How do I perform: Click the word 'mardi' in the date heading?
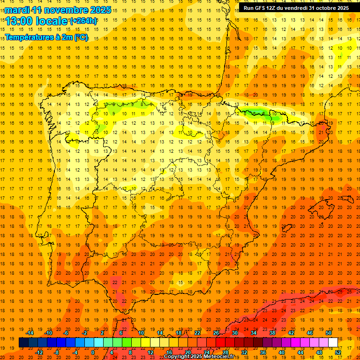(x=17, y=10)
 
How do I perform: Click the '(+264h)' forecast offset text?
(x=83, y=21)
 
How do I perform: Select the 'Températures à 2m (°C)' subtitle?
(x=46, y=37)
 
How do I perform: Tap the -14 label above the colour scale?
(x=30, y=333)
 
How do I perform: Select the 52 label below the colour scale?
(x=338, y=352)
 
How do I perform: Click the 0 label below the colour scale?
(x=93, y=352)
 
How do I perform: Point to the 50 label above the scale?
(x=329, y=333)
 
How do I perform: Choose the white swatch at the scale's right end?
(x=333, y=342)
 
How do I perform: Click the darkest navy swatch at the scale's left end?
(x=23, y=342)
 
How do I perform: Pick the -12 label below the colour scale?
(x=39, y=352)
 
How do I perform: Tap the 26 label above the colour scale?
(x=216, y=333)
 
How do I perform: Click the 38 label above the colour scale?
(x=272, y=333)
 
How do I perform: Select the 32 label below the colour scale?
(x=244, y=352)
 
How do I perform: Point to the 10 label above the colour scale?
(x=141, y=333)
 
